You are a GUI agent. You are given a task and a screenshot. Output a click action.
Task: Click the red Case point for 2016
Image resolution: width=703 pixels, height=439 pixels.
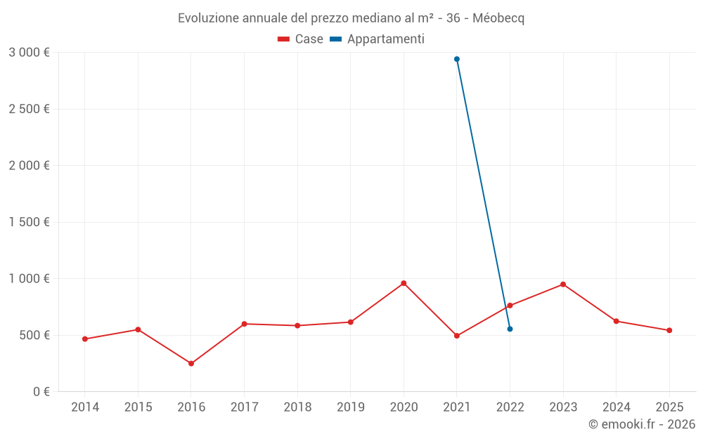pyautogui.click(x=191, y=363)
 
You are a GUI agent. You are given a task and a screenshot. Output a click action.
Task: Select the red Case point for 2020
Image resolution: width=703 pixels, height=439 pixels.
pyautogui.click(x=404, y=283)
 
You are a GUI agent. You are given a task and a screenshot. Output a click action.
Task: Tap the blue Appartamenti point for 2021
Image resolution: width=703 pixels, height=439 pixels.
pyautogui.click(x=457, y=59)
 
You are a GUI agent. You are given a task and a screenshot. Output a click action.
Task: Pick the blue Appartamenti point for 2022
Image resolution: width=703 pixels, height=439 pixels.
pyautogui.click(x=510, y=329)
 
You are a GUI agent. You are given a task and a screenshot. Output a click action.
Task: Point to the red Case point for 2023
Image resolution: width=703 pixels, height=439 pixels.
pyautogui.click(x=563, y=284)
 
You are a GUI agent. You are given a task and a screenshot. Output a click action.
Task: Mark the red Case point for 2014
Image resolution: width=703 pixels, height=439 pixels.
pyautogui.click(x=85, y=339)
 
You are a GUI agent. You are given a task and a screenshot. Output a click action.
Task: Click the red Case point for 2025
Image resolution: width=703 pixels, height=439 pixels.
pyautogui.click(x=669, y=330)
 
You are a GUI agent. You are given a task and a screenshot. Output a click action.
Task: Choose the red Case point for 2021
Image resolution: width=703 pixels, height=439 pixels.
pyautogui.click(x=457, y=336)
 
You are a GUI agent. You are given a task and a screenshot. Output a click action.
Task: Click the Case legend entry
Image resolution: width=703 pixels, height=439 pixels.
pyautogui.click(x=300, y=39)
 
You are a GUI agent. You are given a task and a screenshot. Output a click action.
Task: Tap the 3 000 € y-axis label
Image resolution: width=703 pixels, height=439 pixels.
pyautogui.click(x=29, y=53)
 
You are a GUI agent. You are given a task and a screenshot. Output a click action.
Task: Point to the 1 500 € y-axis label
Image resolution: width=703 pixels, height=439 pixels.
pyautogui.click(x=29, y=222)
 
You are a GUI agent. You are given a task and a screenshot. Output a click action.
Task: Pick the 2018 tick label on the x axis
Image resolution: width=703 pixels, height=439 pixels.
pyautogui.click(x=297, y=407)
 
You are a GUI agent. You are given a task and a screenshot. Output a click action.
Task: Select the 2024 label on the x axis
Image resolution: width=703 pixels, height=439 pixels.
pyautogui.click(x=616, y=407)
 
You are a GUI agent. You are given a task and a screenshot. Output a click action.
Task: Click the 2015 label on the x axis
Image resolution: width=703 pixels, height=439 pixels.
pyautogui.click(x=138, y=407)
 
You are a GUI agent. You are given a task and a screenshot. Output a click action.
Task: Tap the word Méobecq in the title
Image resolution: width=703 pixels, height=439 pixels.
pyautogui.click(x=498, y=18)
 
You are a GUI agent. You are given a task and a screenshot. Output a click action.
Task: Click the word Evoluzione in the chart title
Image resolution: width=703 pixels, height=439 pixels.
pyautogui.click(x=208, y=18)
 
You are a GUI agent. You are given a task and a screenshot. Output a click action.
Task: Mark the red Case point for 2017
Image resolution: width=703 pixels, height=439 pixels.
pyautogui.click(x=244, y=324)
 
